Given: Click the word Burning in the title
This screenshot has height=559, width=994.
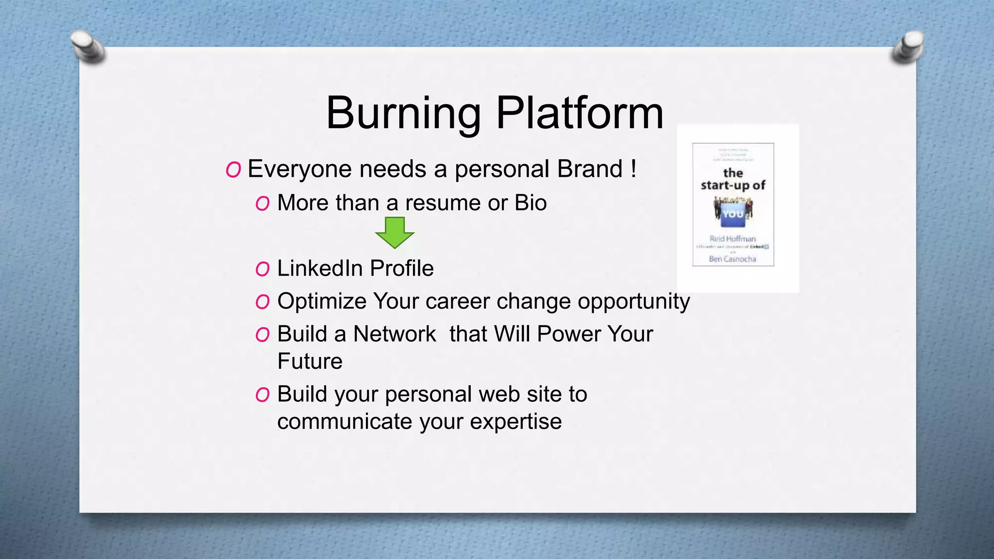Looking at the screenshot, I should click(403, 113).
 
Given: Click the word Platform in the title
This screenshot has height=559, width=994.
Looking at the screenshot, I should click(580, 113).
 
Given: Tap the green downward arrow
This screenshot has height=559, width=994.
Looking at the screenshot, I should click(395, 232).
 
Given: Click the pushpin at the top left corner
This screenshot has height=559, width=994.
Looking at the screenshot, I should click(88, 47).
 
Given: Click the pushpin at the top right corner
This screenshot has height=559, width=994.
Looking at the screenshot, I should click(907, 47).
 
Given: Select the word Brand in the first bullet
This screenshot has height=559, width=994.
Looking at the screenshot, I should click(590, 169).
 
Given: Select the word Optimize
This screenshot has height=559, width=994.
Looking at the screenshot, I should click(322, 301).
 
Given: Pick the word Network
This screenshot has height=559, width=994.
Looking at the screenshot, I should click(395, 334).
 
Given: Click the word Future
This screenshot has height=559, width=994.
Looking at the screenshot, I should click(310, 362).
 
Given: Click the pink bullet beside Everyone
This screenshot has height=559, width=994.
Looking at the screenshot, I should click(233, 170).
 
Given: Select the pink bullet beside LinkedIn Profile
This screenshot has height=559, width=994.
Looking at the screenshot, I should click(263, 269).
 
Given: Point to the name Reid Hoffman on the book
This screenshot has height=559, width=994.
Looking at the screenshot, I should click(732, 239).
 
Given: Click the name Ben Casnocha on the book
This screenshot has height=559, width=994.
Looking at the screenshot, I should click(732, 259).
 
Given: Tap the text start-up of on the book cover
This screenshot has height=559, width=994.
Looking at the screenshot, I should click(733, 185).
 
